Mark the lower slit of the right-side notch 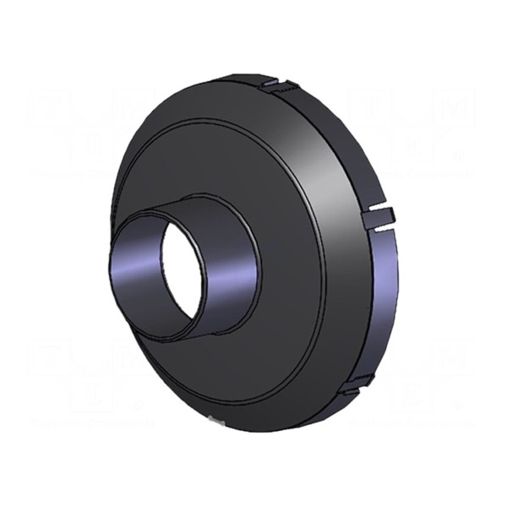click(x=379, y=226)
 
